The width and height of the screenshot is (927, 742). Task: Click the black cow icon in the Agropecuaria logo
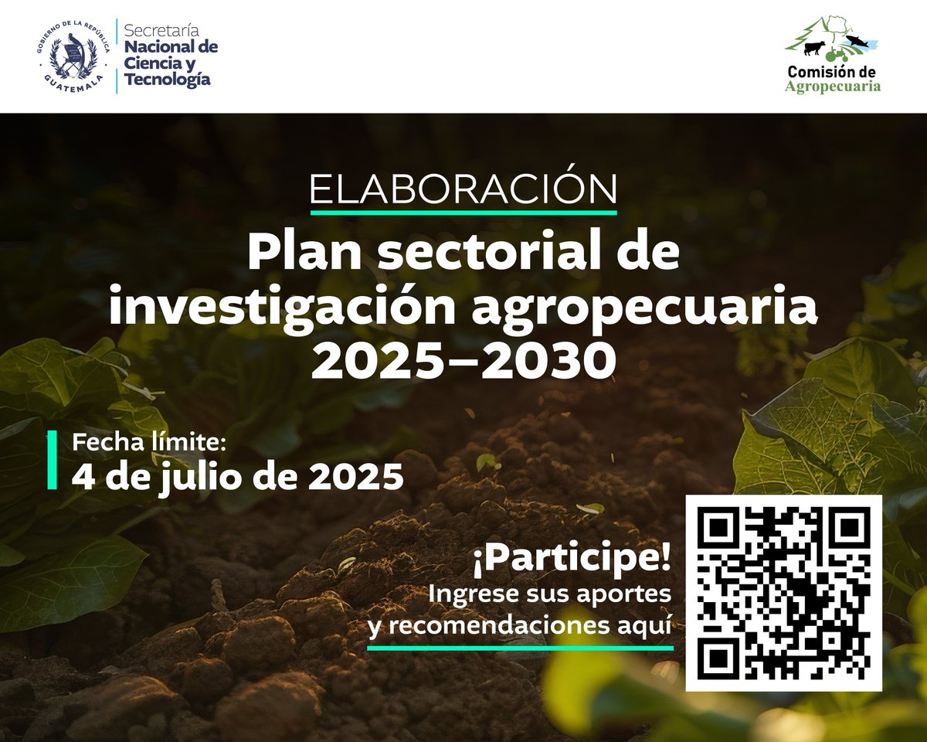(x=814, y=48)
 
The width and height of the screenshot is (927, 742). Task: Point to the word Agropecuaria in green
(x=833, y=86)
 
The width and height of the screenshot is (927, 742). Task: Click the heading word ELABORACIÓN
(x=463, y=189)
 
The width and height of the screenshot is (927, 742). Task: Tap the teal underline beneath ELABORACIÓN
(x=463, y=211)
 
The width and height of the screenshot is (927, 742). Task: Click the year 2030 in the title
(x=549, y=360)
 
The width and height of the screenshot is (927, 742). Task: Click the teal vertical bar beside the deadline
(x=53, y=460)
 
